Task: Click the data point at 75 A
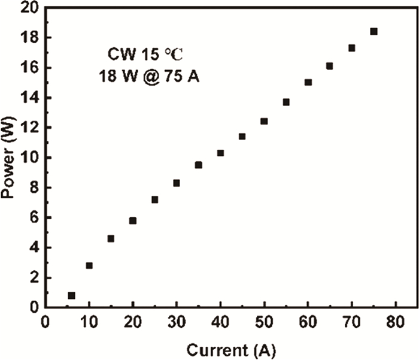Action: coord(374,31)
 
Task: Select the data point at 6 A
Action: coord(72,295)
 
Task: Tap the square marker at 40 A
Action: coord(220,153)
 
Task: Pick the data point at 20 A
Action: coord(133,220)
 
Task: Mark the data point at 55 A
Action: coord(286,102)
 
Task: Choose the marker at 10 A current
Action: coord(89,265)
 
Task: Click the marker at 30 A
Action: coord(177,183)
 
